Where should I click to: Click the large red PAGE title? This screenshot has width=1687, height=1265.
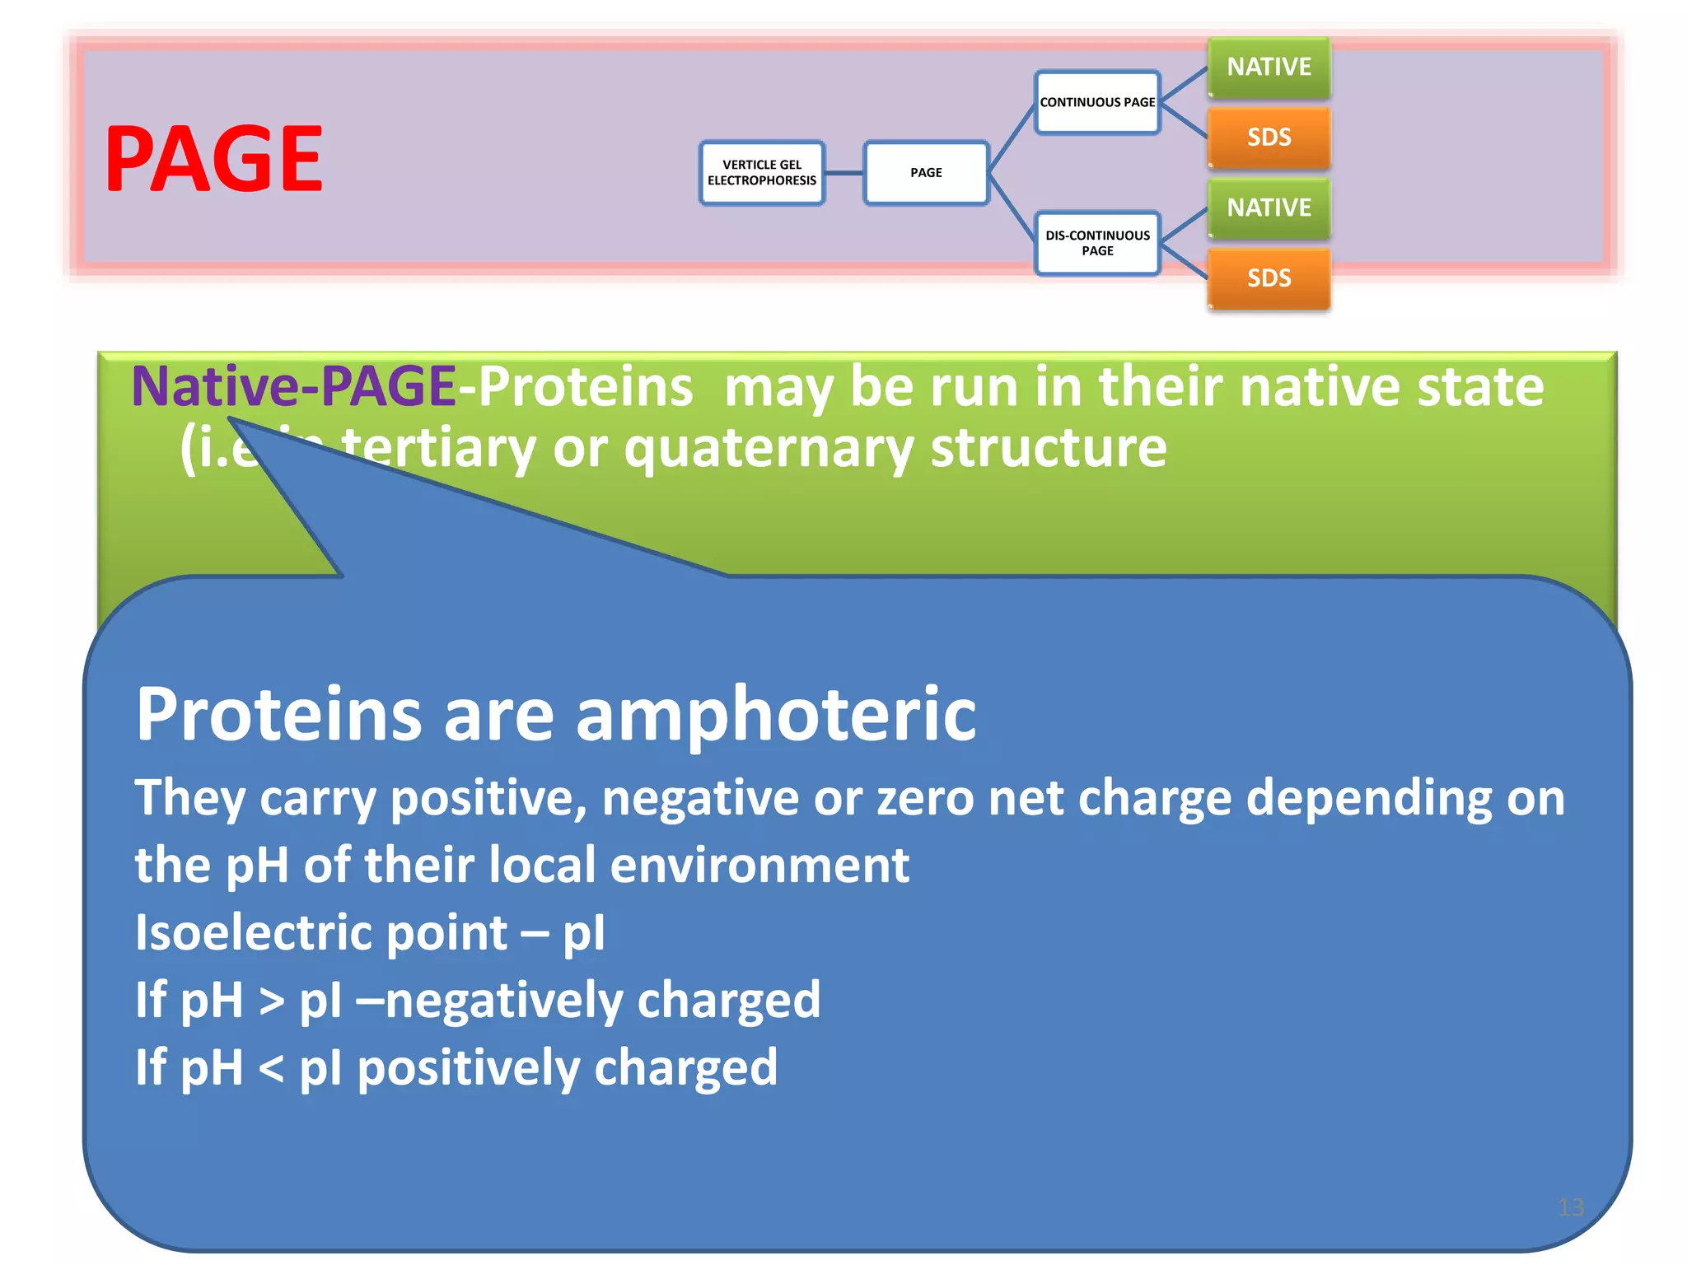[x=214, y=159]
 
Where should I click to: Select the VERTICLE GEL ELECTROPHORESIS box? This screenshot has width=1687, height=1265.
[x=762, y=173]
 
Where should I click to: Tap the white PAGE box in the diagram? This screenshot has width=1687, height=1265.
[x=926, y=173]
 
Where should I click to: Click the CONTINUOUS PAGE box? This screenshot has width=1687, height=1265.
[x=1097, y=102]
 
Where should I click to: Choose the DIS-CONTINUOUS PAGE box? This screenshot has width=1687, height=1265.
[x=1097, y=243]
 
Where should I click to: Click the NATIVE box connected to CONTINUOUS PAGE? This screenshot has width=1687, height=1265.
[x=1269, y=67]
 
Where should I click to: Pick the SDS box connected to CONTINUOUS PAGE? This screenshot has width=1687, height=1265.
[x=1269, y=138]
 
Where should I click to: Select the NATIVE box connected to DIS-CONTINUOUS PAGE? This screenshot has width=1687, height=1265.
[x=1269, y=208]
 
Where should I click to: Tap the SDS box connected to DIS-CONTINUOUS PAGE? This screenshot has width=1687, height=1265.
[x=1269, y=278]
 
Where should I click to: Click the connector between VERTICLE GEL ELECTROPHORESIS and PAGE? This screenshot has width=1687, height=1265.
[x=843, y=173]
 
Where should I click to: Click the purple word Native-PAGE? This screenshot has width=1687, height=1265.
[x=294, y=387]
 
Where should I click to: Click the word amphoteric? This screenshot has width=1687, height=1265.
[x=775, y=715]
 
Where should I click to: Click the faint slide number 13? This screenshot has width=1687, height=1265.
[x=1571, y=1207]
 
